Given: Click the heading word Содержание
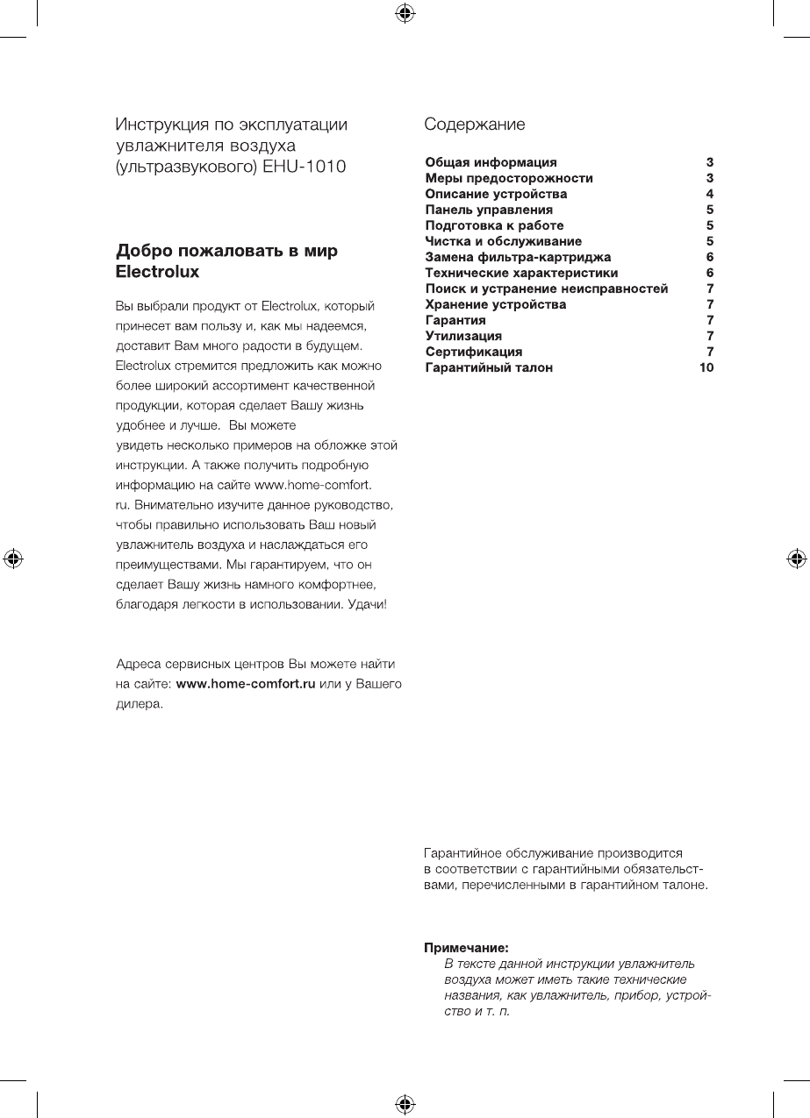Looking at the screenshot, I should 474,125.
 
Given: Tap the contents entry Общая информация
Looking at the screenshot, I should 491,162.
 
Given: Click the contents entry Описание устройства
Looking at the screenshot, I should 496,194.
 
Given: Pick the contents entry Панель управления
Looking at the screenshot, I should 489,210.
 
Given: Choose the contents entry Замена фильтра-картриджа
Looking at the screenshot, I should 518,257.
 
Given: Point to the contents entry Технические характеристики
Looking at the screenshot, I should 521,273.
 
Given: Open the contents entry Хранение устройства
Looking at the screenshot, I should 495,304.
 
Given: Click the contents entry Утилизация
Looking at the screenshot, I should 463,336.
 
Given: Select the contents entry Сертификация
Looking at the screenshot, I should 473,352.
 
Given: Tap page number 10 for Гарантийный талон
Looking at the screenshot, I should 706,367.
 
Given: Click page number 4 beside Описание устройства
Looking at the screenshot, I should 709,194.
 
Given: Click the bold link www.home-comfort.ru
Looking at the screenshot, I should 246,684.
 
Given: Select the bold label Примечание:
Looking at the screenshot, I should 467,948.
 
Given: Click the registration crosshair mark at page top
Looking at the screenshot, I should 405,12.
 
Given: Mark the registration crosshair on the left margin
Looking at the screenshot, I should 12,558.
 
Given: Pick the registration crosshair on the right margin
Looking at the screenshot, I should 797,558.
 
